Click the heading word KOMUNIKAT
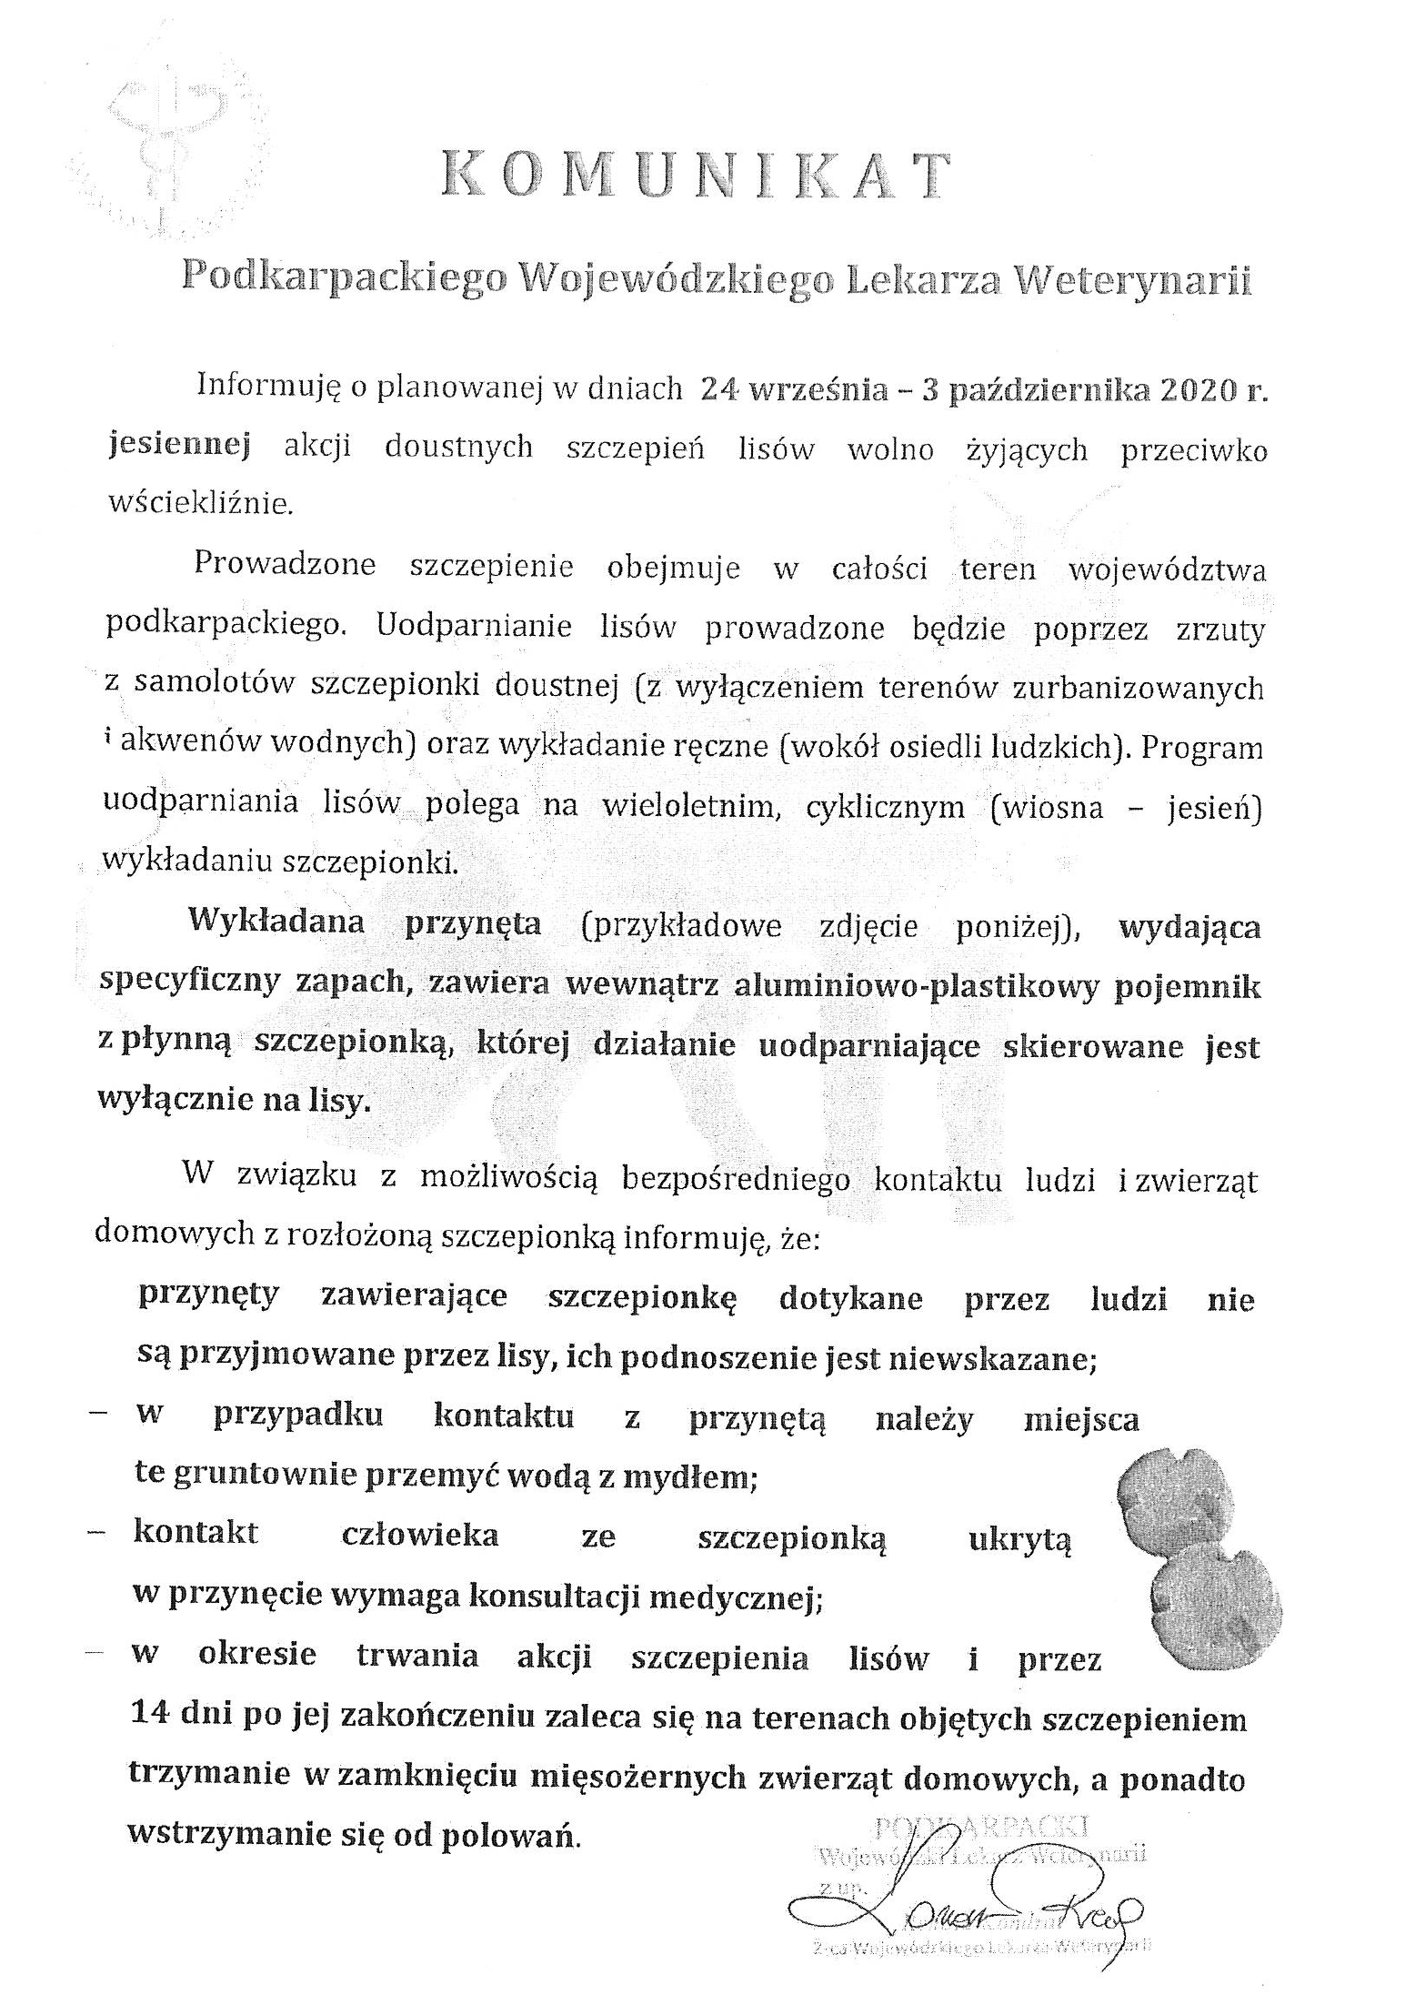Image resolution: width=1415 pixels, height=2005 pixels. tap(696, 176)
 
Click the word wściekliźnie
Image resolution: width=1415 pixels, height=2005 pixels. tap(201, 503)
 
